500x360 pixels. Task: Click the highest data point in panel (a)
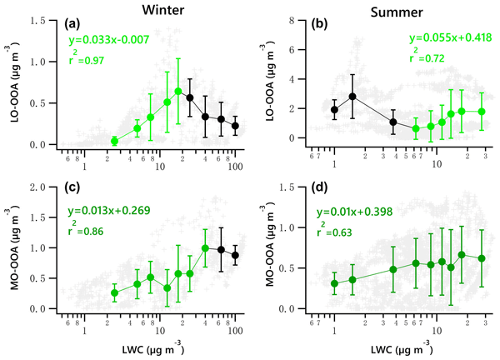pos(178,91)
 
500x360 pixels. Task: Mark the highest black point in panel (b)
pos(352,97)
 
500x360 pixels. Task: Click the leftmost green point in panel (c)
pos(115,293)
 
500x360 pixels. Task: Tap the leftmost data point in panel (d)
pos(334,283)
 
